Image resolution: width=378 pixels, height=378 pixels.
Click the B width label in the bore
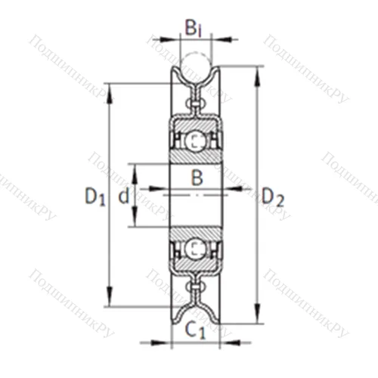196,178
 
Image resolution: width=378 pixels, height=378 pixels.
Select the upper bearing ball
196,141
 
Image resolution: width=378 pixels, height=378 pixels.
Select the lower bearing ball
196,248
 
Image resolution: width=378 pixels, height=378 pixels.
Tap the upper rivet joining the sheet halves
196,97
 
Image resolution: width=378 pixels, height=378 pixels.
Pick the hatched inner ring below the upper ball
196,156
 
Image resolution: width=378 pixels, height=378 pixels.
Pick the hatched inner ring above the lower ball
196,232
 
